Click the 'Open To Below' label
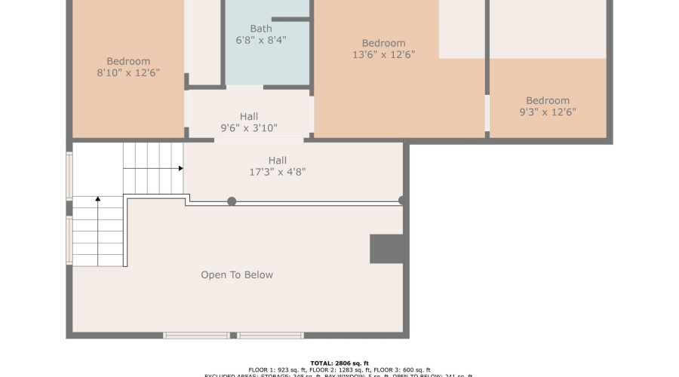(237, 275)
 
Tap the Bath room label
(261, 29)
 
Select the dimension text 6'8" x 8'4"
(261, 40)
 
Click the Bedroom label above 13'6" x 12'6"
(383, 43)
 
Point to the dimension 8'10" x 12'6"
(128, 73)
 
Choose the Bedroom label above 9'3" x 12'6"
(548, 101)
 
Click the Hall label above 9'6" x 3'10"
(249, 116)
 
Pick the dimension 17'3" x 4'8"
(278, 172)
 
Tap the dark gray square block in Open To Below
(389, 249)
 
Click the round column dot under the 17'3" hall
(232, 201)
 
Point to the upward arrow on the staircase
(97, 201)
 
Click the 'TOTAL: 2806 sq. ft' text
(339, 363)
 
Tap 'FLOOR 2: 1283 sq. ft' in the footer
(339, 370)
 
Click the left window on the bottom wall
(196, 335)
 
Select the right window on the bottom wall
(270, 335)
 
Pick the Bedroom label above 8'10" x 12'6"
(128, 62)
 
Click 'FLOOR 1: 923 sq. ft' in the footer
(276, 370)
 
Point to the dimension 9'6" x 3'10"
(249, 128)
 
